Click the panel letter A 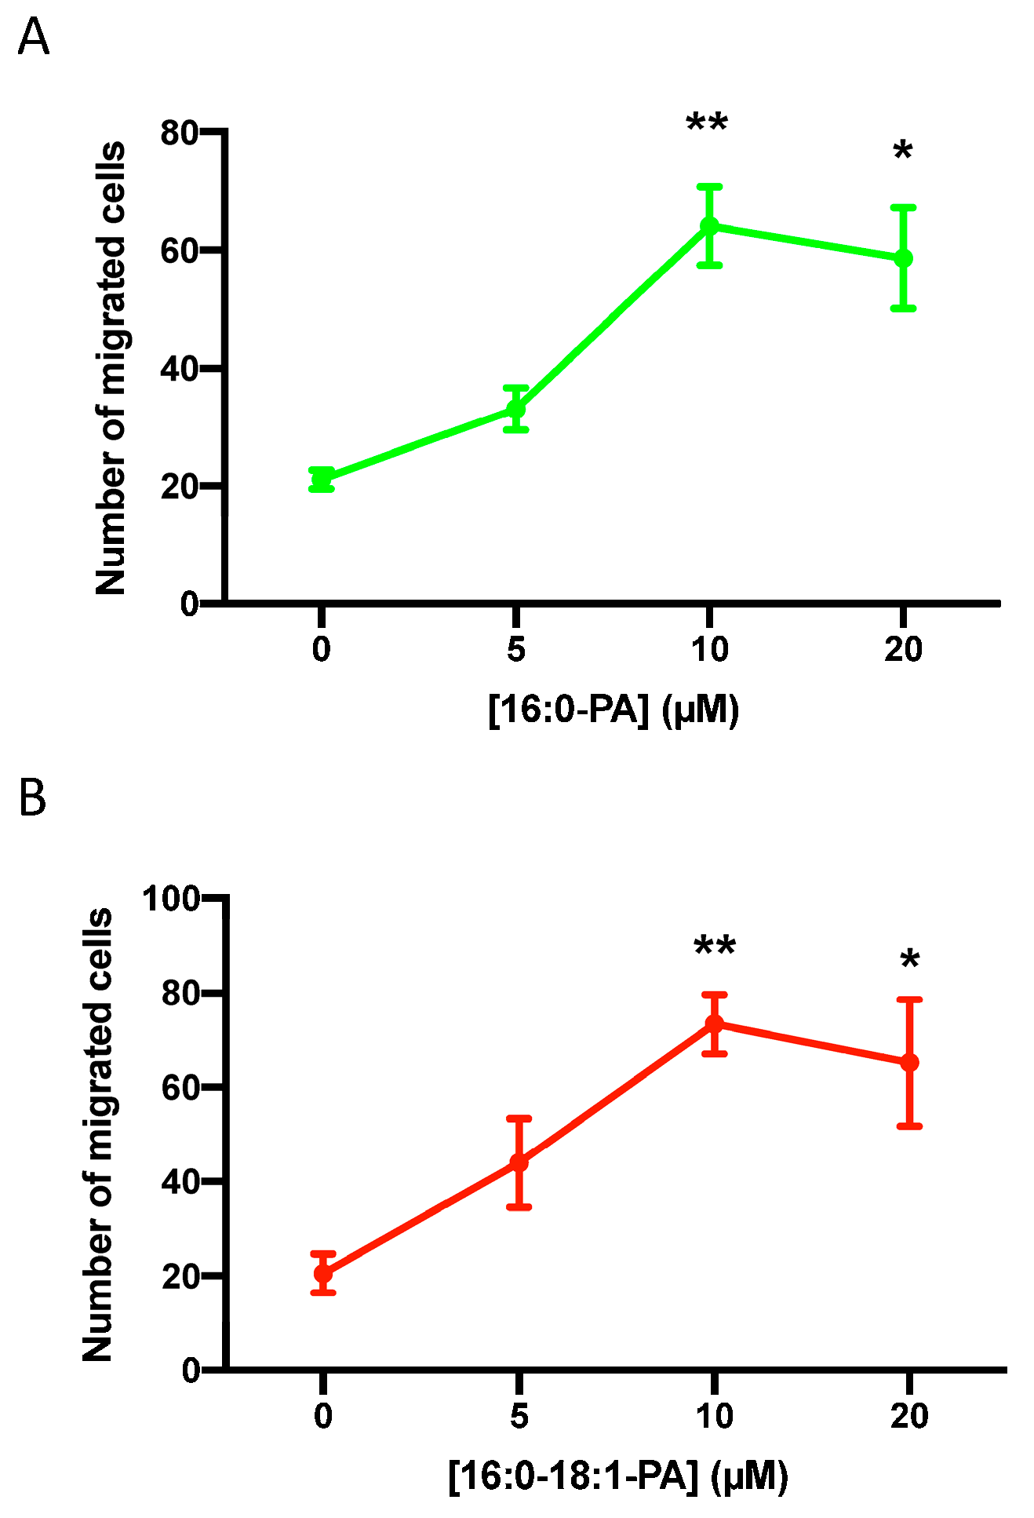[33, 37]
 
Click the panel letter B [32, 797]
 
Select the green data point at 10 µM [709, 226]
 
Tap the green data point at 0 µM [322, 479]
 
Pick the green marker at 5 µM [515, 409]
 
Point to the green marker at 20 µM [904, 257]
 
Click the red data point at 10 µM [714, 1024]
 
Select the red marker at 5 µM [519, 1162]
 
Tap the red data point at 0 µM [323, 1272]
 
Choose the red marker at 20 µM [909, 1062]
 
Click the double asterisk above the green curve [707, 124]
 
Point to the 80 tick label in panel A [178, 133]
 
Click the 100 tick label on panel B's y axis [169, 899]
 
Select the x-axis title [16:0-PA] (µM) [613, 710]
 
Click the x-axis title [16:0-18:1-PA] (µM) [618, 1476]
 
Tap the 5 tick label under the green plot [515, 650]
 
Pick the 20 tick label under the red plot [909, 1416]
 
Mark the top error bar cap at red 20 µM [909, 1000]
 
